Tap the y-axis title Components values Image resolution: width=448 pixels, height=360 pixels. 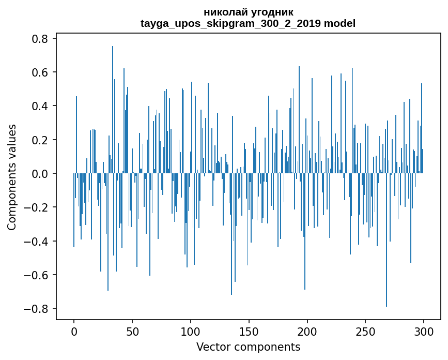(12, 177)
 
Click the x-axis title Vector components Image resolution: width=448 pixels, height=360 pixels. (248, 347)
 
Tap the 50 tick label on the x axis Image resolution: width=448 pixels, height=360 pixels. (132, 332)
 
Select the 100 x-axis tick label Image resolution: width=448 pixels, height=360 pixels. (191, 332)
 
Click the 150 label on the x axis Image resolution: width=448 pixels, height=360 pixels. (249, 332)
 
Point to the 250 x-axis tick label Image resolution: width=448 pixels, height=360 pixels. (365, 332)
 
